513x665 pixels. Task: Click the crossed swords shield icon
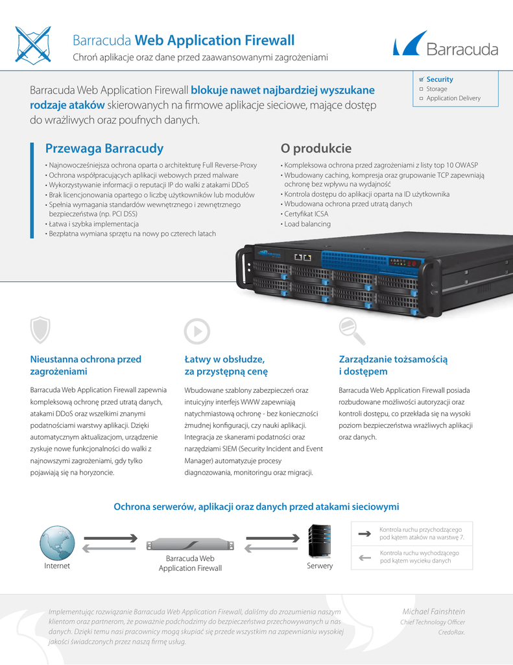pyautogui.click(x=32, y=44)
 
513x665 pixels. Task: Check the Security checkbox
pyautogui.click(x=421, y=79)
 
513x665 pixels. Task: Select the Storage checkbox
pyautogui.click(x=421, y=89)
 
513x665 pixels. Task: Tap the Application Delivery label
pyautogui.click(x=453, y=98)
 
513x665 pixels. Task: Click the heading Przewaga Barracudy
pyautogui.click(x=104, y=148)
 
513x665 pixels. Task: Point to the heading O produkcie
pyautogui.click(x=316, y=148)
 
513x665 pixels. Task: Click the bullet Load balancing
pyautogui.click(x=307, y=224)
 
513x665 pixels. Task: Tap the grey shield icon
pyautogui.click(x=40, y=330)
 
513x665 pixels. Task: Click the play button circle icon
pyautogui.click(x=197, y=331)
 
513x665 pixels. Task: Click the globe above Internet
pyautogui.click(x=56, y=543)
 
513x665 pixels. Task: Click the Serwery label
pyautogui.click(x=320, y=566)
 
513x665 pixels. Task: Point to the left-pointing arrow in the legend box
pyautogui.click(x=363, y=557)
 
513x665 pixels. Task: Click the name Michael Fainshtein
pyautogui.click(x=434, y=612)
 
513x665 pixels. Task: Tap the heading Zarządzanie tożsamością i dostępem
pyautogui.click(x=394, y=365)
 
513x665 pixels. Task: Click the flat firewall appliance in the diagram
pyautogui.click(x=190, y=544)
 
